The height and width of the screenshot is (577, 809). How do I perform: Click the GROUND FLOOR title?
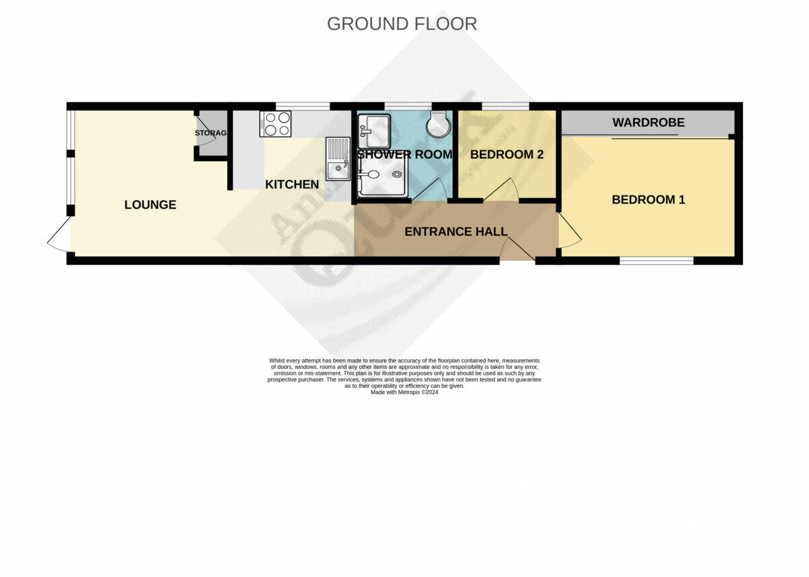pos(402,24)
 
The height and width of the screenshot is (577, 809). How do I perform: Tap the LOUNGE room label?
pos(150,205)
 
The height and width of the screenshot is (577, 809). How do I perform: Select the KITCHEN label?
pos(292,184)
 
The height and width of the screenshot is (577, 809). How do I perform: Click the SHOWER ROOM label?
pos(404,154)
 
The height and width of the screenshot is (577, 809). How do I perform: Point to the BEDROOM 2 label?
pos(507,154)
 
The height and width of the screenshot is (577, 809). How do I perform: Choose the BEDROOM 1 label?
pos(649,200)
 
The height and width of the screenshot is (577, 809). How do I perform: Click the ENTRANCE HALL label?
pos(456,232)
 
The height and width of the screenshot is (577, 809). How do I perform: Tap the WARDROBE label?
pos(649,123)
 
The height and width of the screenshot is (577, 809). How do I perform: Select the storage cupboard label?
pos(211,133)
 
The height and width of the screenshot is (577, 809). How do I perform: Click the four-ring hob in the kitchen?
pos(276,124)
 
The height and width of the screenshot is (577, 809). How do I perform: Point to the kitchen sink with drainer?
pos(338,159)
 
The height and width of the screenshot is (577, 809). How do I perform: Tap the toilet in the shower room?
pos(440,124)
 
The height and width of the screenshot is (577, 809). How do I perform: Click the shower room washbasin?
pos(374,131)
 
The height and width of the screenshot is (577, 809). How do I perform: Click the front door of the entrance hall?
pos(517,251)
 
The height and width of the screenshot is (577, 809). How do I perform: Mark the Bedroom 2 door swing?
pos(501,191)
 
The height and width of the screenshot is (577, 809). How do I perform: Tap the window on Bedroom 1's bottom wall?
pos(656,260)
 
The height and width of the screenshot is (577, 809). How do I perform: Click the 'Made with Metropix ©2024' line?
pos(404,392)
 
